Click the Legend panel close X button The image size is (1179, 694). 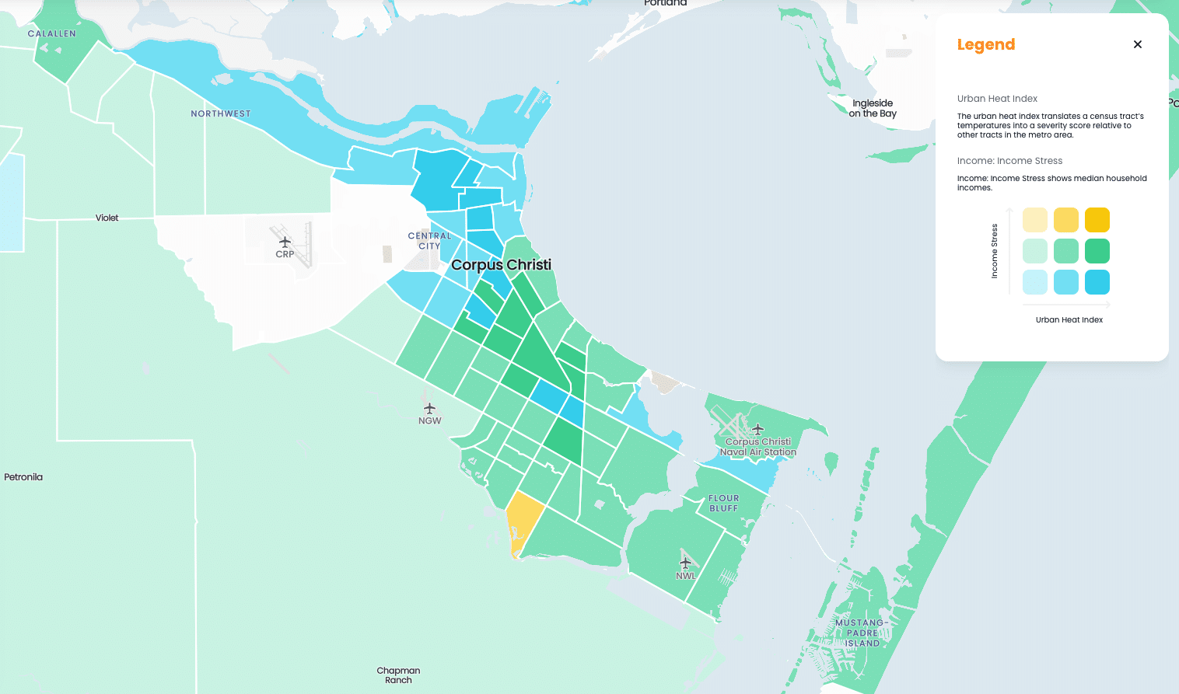click(1138, 44)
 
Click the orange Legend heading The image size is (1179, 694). click(985, 44)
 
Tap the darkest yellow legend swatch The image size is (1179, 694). click(1097, 220)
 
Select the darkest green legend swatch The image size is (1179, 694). click(1097, 251)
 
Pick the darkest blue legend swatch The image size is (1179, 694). click(1097, 282)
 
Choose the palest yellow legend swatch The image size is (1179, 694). click(1034, 220)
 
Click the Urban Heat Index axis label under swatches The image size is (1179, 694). click(1069, 319)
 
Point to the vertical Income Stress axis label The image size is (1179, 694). click(994, 251)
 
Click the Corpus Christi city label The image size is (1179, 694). click(501, 265)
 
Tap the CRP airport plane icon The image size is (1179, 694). click(285, 242)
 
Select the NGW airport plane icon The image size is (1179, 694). click(429, 408)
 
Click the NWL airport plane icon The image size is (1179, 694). click(685, 563)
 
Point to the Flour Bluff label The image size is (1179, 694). click(723, 503)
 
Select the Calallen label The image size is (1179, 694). click(52, 33)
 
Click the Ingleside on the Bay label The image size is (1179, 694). click(873, 108)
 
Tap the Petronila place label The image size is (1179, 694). click(23, 477)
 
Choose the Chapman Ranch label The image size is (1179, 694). click(398, 675)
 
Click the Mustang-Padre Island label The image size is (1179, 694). click(862, 633)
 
